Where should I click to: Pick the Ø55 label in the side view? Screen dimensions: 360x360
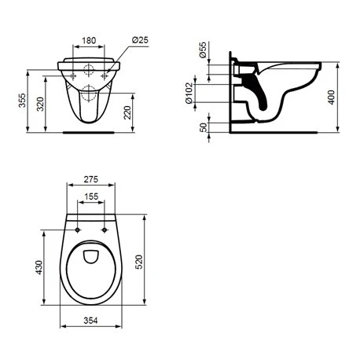point(203,52)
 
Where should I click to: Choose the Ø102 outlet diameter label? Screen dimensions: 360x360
point(203,93)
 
